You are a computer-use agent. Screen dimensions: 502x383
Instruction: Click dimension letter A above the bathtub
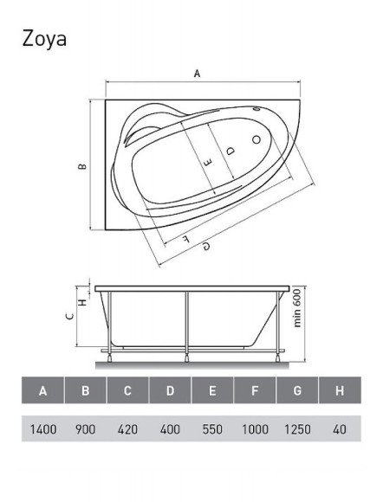tap(198, 74)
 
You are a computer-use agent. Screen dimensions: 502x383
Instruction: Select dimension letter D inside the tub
tap(229, 151)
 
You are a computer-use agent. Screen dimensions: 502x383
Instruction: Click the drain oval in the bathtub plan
tap(256, 138)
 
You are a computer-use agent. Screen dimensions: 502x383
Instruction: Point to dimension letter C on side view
tap(69, 316)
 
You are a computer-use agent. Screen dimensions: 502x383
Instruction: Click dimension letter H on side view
tap(82, 301)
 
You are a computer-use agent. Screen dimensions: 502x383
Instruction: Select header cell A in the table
tap(43, 391)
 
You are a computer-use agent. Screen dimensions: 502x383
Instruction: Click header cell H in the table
tap(339, 391)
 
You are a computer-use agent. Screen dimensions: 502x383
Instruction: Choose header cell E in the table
tap(212, 391)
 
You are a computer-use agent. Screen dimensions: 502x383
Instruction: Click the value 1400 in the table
tap(43, 428)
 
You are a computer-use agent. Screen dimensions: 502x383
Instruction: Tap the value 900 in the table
tap(85, 428)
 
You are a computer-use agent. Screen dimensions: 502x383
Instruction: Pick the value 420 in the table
tap(127, 428)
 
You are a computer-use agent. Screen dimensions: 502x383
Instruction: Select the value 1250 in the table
tap(297, 428)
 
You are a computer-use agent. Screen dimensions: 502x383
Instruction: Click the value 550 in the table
tap(212, 428)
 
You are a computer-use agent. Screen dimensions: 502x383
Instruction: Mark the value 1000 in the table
tap(255, 428)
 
